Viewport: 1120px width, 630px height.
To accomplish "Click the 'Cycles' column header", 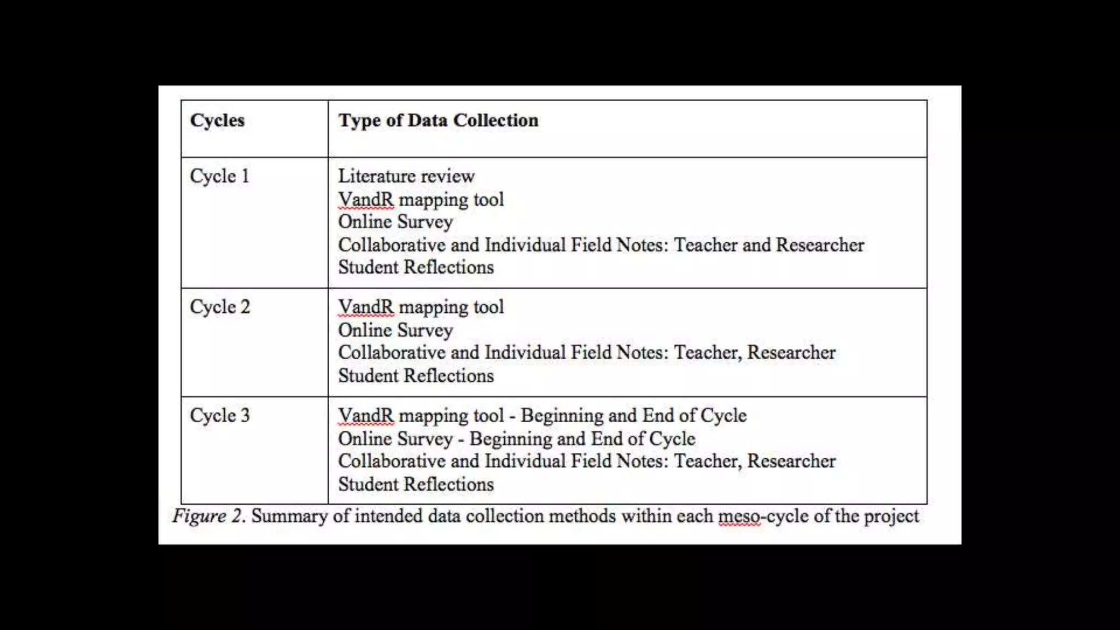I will point(217,120).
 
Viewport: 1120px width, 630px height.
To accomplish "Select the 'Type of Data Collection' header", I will point(438,120).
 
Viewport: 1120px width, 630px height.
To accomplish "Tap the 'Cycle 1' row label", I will point(219,176).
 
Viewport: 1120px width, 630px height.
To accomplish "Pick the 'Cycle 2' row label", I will point(220,307).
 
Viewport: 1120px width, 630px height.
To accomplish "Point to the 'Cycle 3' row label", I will point(220,416).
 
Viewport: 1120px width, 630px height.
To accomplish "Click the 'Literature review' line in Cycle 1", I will point(406,176).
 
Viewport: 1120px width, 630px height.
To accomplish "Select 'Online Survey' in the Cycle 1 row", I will point(395,221).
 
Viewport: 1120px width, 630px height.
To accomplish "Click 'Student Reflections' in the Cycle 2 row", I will point(416,376).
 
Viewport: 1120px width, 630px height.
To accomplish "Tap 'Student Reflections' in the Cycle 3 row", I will point(416,484).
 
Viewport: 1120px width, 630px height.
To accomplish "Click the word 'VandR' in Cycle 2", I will point(366,307).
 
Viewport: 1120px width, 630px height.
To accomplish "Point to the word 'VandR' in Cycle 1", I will point(366,199).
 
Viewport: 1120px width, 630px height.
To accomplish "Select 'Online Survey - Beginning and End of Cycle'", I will point(516,439).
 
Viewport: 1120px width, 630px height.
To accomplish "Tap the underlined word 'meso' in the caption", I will point(739,516).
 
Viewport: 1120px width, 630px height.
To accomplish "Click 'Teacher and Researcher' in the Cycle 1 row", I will point(769,244).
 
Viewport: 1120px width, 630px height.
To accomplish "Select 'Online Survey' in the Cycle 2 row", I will point(395,330).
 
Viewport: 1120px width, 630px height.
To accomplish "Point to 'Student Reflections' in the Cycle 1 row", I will point(416,267).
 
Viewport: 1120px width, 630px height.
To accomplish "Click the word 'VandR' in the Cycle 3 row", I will point(366,416).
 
